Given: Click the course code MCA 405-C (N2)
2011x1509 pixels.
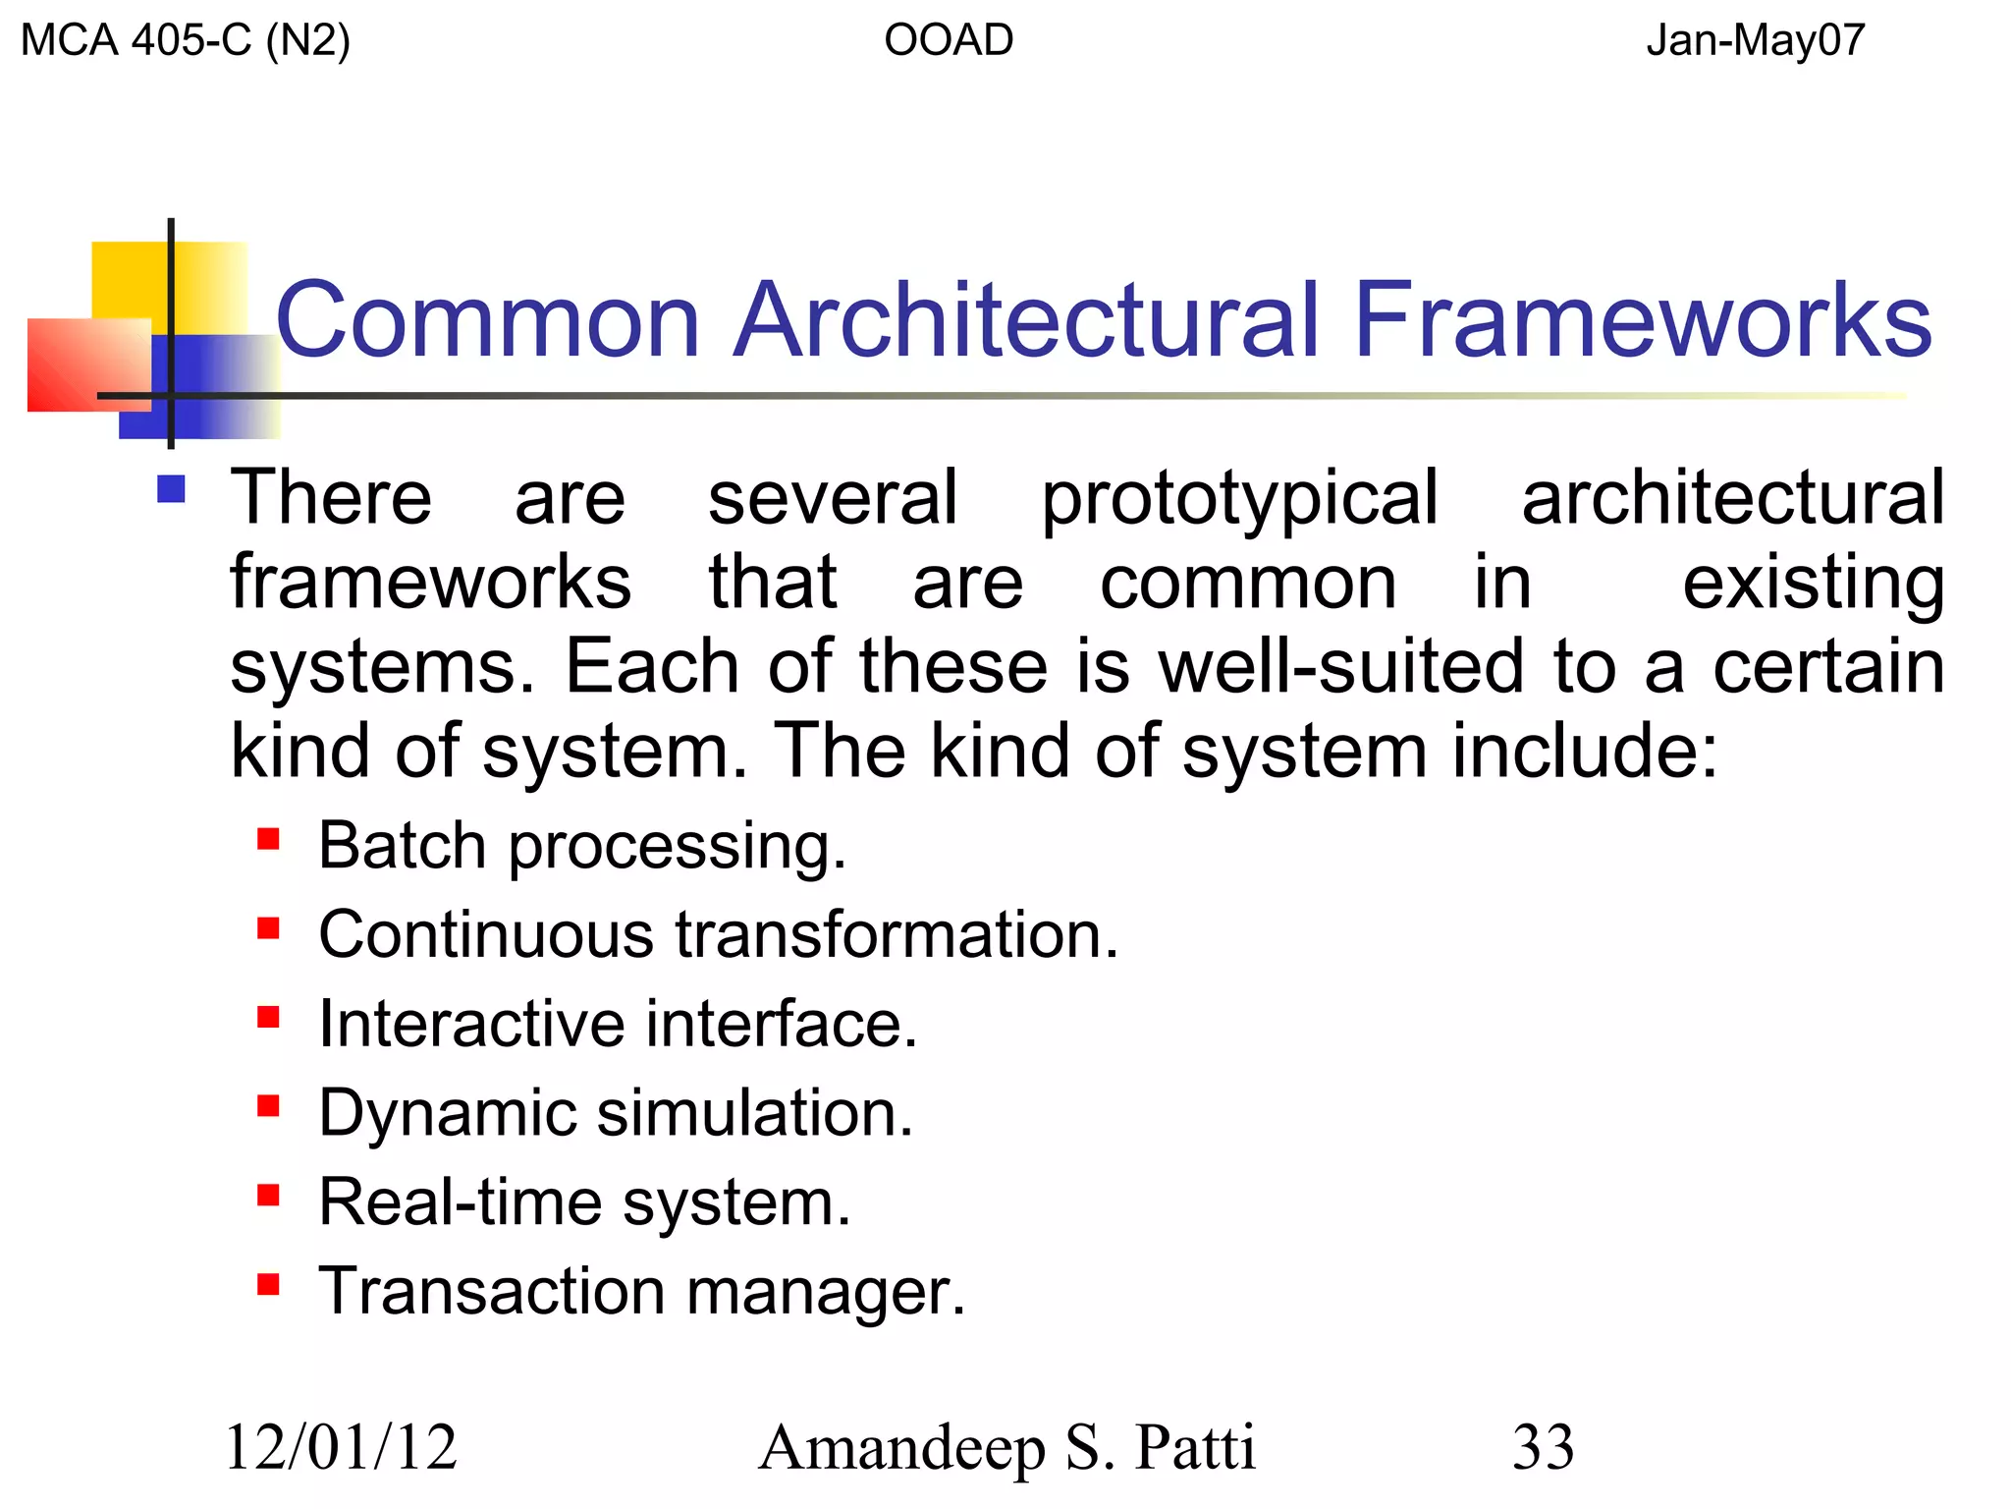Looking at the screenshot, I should coord(185,41).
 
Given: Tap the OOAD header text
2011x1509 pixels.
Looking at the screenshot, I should coord(948,41).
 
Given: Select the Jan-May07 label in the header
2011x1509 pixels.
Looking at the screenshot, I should coord(1755,41).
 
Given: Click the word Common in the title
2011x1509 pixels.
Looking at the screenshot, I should coord(488,320).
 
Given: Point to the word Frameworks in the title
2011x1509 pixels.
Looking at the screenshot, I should coord(1643,320).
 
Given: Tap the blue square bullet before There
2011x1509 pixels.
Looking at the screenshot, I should coord(172,489).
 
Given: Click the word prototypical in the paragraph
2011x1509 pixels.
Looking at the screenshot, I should coord(1239,499).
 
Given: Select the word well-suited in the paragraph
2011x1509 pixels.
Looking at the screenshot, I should coord(1341,667).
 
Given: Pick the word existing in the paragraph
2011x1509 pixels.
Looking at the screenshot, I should coord(1813,584).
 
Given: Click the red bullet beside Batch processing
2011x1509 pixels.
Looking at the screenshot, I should coord(268,839).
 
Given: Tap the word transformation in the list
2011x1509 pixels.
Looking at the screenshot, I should coord(896,934).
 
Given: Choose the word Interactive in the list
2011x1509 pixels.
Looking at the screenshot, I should coord(470,1024).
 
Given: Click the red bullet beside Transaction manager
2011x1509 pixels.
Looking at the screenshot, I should coord(268,1284).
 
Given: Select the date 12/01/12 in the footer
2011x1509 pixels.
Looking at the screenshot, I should coord(341,1447).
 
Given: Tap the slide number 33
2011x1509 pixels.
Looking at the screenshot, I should coord(1543,1447).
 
